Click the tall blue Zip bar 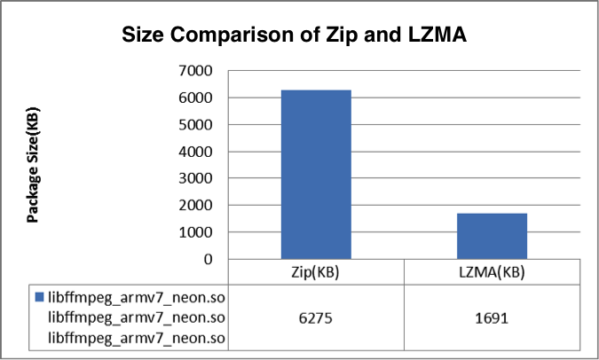click(316, 174)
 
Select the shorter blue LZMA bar click(493, 236)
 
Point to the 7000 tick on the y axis click(195, 70)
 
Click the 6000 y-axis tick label click(195, 98)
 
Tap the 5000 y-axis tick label click(195, 124)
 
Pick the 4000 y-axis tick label click(195, 152)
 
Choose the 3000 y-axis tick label click(195, 178)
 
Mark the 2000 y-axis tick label click(195, 206)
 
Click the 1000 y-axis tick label click(195, 232)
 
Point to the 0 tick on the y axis click(208, 260)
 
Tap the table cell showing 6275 click(316, 317)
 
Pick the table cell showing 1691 click(493, 317)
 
